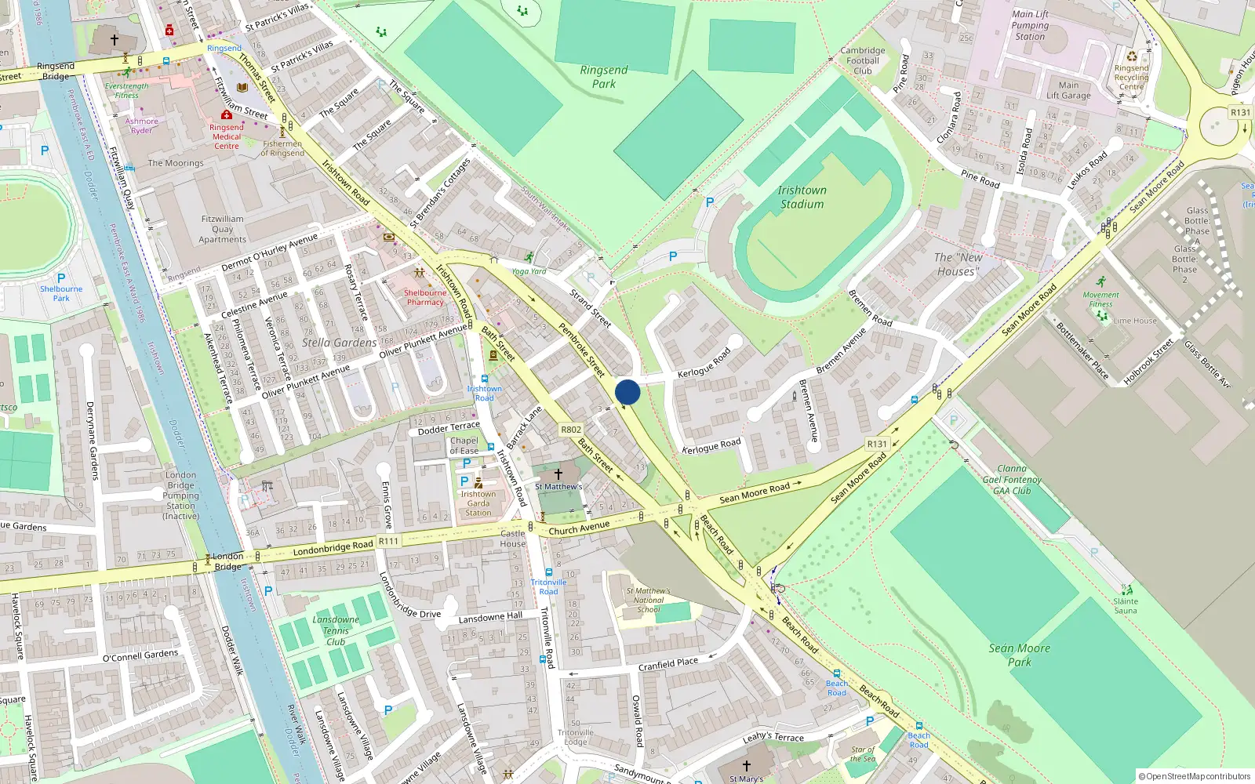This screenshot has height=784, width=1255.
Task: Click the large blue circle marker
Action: coord(627,392)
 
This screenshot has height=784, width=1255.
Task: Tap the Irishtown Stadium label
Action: coord(802,197)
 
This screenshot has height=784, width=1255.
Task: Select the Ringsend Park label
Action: coord(604,77)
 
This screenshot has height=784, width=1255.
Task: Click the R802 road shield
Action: coord(571,430)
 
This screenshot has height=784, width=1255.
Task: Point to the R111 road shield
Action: coord(388,541)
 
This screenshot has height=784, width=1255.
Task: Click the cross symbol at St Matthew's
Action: coord(558,474)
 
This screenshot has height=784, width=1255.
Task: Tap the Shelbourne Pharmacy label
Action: coord(425,297)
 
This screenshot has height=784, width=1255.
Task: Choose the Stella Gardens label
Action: coord(339,343)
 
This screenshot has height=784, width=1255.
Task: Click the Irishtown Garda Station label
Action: coord(478,503)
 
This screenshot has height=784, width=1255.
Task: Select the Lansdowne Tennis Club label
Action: coord(336,630)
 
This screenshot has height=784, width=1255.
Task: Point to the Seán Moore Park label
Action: coord(1019,655)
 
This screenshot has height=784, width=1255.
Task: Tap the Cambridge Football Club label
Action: coord(863,60)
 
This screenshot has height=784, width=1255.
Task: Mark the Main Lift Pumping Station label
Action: coord(1030,25)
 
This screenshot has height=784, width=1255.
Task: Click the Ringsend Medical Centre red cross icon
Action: coord(227,115)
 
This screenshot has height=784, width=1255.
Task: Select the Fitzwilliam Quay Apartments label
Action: coord(222,229)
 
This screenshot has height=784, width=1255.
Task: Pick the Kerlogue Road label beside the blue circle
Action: coord(704,362)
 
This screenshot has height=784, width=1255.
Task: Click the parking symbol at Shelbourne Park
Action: coord(61,278)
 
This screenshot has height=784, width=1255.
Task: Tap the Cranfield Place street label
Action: coord(668,665)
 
